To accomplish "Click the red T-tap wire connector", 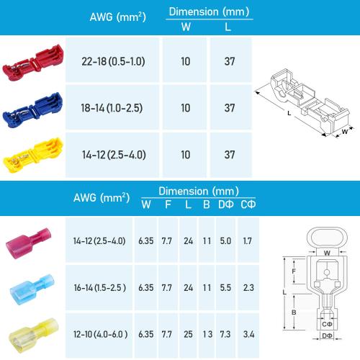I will point(32,60).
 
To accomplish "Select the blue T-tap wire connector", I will point(32,107).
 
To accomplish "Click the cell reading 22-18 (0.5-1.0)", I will point(114,61).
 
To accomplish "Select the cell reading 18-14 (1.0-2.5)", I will point(114,108).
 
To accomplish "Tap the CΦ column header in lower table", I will point(248,204).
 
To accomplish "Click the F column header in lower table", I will point(167,204).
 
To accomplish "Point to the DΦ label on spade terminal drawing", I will point(327,336).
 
